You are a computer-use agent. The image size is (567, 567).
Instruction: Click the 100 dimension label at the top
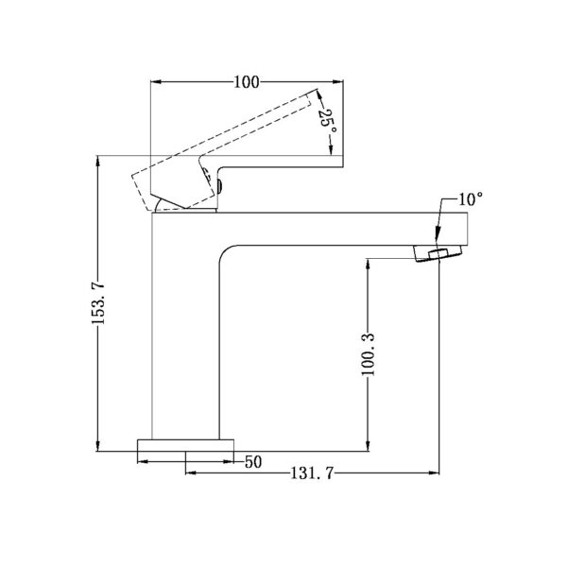click(246, 82)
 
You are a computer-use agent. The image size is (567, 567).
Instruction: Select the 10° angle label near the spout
click(470, 199)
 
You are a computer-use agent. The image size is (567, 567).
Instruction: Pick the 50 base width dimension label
click(253, 462)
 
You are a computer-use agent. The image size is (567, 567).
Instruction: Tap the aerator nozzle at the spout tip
click(437, 252)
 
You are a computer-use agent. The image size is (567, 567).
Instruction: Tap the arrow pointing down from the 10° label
click(438, 238)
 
